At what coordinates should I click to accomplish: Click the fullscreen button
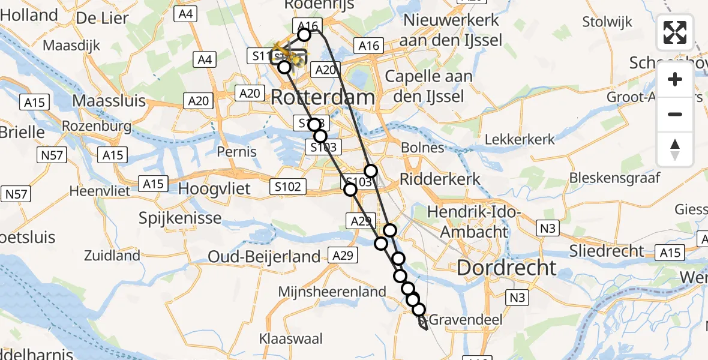[x=675, y=32]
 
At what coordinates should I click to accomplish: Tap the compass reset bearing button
[x=675, y=149]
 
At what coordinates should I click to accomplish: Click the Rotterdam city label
[x=323, y=97]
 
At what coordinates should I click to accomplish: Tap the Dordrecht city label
[x=506, y=268]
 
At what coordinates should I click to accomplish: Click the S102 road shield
[x=287, y=187]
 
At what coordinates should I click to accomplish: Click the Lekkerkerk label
[x=520, y=139]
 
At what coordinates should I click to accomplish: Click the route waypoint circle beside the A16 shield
[x=304, y=35]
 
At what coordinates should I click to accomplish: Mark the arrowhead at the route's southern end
[x=425, y=327]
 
